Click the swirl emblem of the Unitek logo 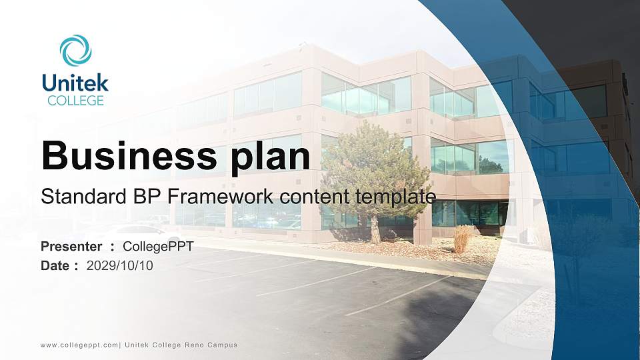[76, 50]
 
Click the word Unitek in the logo [75, 83]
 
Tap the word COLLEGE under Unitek [75, 101]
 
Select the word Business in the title [129, 155]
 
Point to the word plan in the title [271, 157]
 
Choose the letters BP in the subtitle [146, 196]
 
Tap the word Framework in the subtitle [220, 196]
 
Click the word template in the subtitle [395, 197]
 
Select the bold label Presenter [71, 247]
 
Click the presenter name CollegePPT [158, 247]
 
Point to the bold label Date [55, 266]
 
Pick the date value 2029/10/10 [120, 266]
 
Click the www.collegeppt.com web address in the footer [79, 345]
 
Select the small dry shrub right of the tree [463, 239]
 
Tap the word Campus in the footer [222, 345]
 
